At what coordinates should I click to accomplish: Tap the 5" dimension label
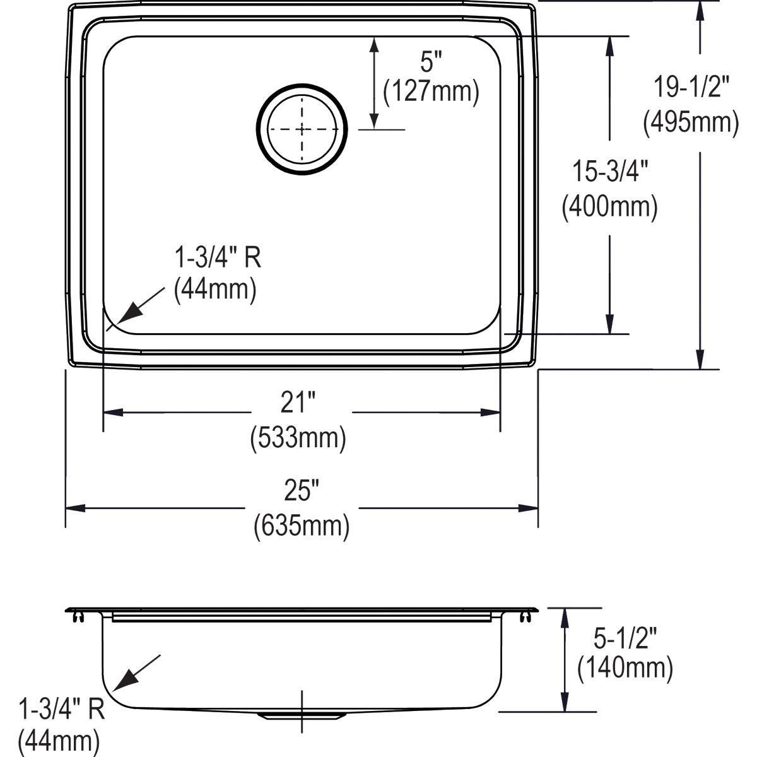click(x=431, y=62)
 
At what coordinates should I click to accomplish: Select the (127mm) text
click(x=431, y=92)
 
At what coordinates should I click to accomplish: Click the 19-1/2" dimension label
click(x=691, y=87)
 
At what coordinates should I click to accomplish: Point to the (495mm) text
click(x=691, y=122)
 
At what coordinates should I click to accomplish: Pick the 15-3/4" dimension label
click(x=609, y=172)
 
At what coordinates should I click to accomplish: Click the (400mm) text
click(x=609, y=207)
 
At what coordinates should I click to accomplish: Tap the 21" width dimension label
click(x=298, y=402)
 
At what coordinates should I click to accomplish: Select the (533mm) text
click(x=298, y=437)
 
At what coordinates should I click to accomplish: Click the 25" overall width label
click(x=302, y=490)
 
